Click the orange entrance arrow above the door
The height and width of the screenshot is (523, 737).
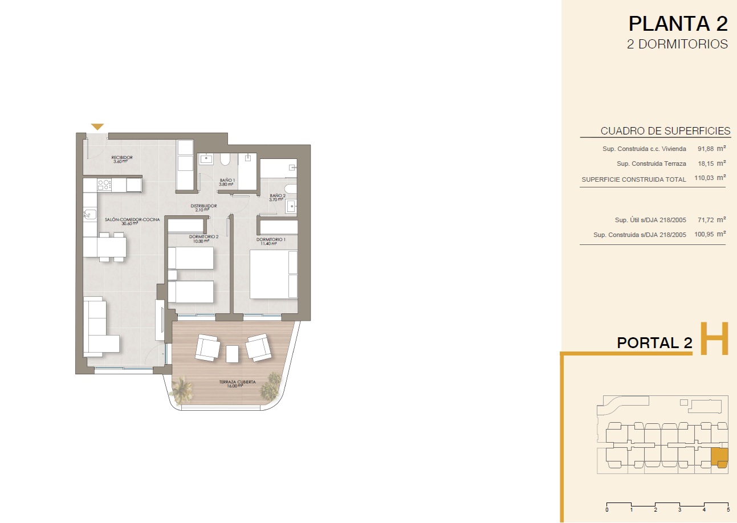coord(97,126)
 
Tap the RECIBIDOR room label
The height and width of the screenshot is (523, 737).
coord(122,158)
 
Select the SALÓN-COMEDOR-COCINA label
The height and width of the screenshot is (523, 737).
coord(132,219)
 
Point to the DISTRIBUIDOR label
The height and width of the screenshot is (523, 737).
coord(203,206)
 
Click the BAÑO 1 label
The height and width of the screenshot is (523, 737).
coord(227,180)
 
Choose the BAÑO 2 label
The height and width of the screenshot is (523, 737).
coord(278,195)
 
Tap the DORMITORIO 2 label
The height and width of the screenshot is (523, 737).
coord(203,236)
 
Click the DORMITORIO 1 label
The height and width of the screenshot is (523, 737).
coord(271,239)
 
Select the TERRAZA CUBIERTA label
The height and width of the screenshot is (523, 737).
coord(237,382)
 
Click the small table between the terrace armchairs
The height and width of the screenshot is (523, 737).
coord(233,354)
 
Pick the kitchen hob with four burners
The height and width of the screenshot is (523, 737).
coord(104,185)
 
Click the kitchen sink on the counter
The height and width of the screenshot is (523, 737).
coord(89,214)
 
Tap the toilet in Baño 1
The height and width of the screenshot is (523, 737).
coord(225,160)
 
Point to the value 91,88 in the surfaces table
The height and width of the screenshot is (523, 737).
coord(706,149)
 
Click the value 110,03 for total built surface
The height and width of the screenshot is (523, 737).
coord(704,178)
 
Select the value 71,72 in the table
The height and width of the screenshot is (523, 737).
coord(706,220)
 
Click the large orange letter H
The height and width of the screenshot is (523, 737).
coord(714,339)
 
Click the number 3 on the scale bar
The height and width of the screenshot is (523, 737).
coord(680,510)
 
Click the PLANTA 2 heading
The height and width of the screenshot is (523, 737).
coord(678,24)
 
